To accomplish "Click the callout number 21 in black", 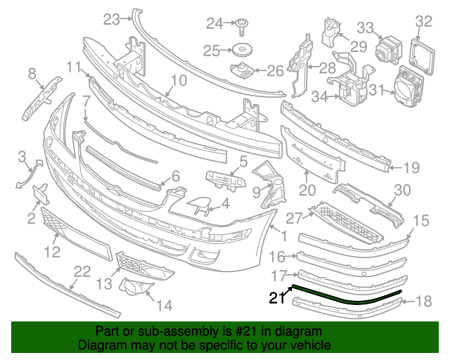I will tap(277, 299).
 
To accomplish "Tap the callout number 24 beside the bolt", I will tap(214, 24).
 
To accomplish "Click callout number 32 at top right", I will tap(423, 22).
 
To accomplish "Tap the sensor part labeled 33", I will tap(387, 51).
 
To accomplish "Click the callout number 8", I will tap(32, 73).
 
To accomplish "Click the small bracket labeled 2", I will tap(39, 193).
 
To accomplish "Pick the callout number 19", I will tap(411, 167).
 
